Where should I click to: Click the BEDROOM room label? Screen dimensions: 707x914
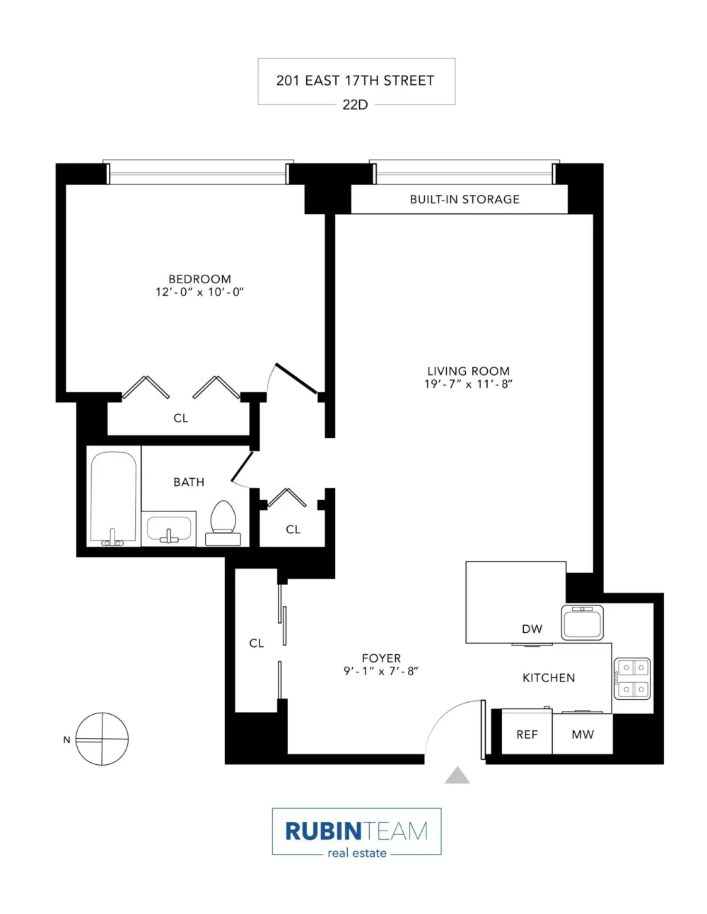click(199, 279)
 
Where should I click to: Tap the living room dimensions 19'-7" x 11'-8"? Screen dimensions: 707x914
click(468, 384)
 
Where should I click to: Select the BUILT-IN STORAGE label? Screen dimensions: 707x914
click(464, 199)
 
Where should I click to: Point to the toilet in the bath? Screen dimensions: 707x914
click(223, 523)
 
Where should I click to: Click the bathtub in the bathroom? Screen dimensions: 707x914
click(113, 499)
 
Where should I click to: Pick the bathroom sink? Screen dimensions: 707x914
click(169, 529)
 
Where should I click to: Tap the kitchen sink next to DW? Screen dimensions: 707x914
click(582, 623)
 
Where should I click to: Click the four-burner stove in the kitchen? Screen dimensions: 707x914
click(632, 679)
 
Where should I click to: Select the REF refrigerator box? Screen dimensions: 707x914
click(527, 734)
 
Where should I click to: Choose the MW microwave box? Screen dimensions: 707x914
click(583, 734)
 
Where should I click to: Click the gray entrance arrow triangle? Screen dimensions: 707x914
click(457, 775)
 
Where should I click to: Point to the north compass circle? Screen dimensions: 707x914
click(102, 739)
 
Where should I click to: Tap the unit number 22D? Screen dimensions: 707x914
click(355, 105)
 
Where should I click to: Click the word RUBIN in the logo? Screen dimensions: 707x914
click(323, 831)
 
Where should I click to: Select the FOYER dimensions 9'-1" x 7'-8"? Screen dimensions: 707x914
click(381, 671)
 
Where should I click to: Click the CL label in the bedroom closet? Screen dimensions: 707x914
click(180, 418)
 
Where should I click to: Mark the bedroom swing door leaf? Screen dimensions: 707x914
click(296, 379)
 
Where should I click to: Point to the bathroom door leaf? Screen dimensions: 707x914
click(242, 466)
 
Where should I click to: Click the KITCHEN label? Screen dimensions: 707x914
click(549, 677)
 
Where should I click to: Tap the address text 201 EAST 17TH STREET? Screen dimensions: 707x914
click(355, 81)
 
